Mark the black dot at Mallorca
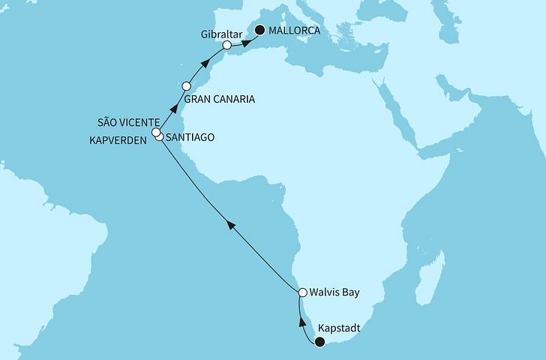tap(260, 31)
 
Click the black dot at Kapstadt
tap(319, 343)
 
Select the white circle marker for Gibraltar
tap(227, 46)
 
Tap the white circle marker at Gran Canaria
tap(185, 85)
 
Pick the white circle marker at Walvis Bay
tap(303, 292)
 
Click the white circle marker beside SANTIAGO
tap(159, 139)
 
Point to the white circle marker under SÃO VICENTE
tap(156, 133)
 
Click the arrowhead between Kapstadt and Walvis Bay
tap(303, 321)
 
